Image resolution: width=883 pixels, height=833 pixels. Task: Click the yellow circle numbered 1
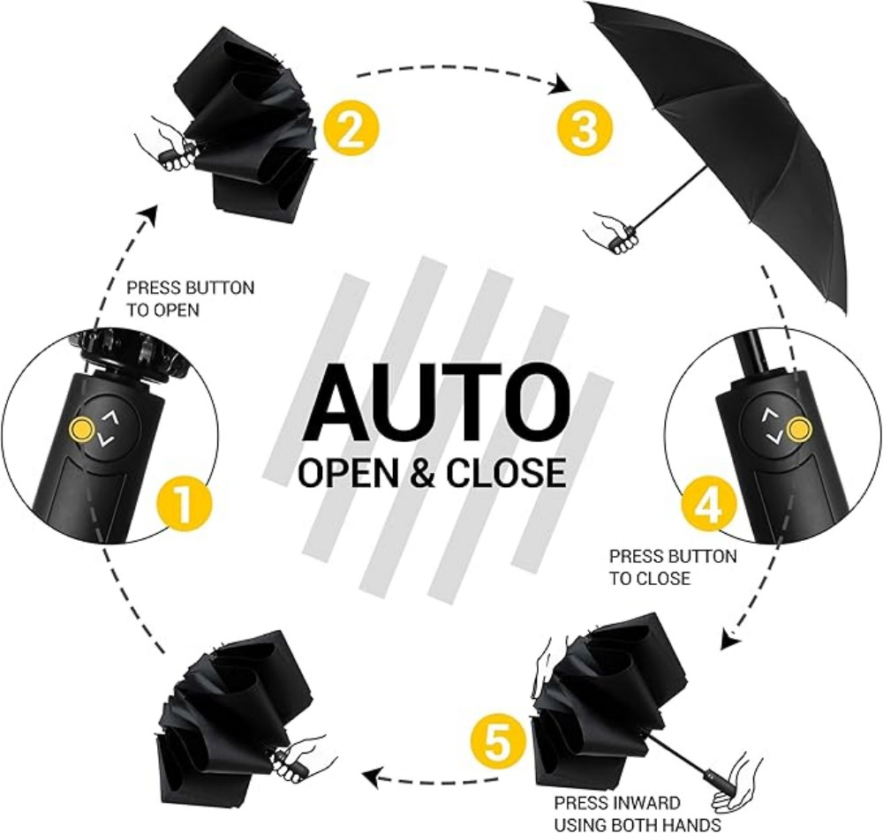click(x=185, y=508)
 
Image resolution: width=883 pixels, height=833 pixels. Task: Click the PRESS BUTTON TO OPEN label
click(x=190, y=299)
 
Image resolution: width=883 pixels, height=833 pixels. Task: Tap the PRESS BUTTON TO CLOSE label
click(x=672, y=567)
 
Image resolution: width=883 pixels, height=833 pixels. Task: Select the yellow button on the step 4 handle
click(x=798, y=430)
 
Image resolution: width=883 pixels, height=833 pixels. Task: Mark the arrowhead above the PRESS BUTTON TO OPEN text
click(x=150, y=214)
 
